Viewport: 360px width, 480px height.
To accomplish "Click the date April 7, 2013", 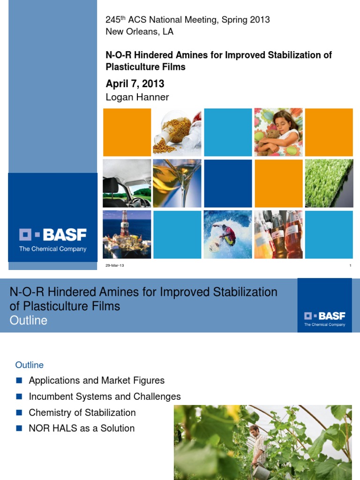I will tap(135, 84).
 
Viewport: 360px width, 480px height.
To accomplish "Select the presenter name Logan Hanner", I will tap(137, 97).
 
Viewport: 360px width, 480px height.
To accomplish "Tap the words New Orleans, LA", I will tap(140, 31).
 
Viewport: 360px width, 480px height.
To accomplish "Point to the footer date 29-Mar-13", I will tap(115, 266).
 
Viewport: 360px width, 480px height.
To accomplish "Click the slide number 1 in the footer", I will tap(350, 266).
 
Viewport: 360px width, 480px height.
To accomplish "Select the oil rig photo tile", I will tap(127, 234).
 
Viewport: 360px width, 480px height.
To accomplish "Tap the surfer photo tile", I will tap(227, 234).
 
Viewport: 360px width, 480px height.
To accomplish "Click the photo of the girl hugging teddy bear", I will tap(278, 132).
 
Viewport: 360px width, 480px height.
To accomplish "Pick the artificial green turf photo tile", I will tap(329, 183).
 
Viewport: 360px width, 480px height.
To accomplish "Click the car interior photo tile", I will tap(127, 183).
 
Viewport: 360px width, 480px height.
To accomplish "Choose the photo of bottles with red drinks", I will tap(278, 234).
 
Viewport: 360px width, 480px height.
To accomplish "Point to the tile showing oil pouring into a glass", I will tap(177, 183).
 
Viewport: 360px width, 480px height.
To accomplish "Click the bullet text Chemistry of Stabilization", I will tap(82, 412).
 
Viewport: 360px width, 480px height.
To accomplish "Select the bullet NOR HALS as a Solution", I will tap(82, 428).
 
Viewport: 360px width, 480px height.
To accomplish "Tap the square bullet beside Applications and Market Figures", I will tap(19, 380).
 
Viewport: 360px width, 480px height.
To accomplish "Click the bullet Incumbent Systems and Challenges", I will tap(105, 397).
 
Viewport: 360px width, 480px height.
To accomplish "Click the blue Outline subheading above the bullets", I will tap(30, 365).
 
